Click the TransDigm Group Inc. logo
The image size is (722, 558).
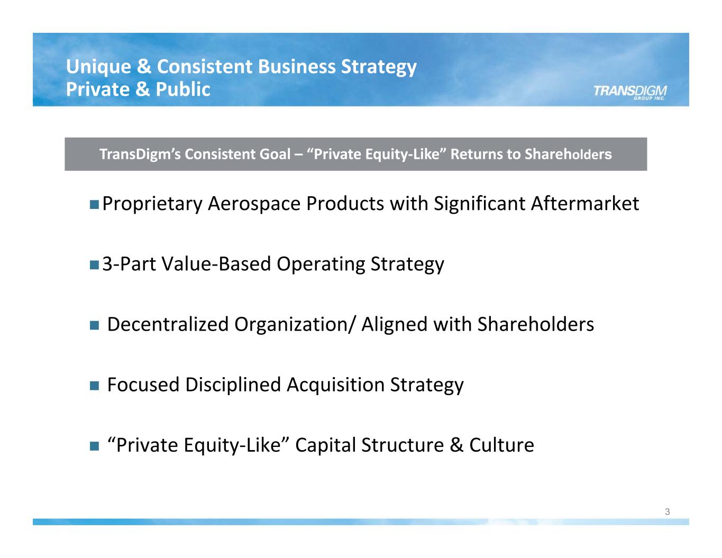[x=630, y=92]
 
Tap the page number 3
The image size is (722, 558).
[x=667, y=512]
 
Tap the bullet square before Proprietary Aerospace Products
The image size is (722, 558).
[x=94, y=205]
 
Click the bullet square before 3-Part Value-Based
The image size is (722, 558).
[x=94, y=265]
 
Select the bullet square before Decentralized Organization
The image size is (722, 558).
[x=94, y=325]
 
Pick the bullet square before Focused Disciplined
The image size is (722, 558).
[x=94, y=386]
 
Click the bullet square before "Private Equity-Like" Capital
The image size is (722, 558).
[x=94, y=446]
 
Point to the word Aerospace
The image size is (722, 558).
[x=254, y=205]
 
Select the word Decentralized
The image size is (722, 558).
[x=168, y=324]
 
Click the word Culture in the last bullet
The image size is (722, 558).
[x=501, y=445]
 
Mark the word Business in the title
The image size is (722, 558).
[x=297, y=67]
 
